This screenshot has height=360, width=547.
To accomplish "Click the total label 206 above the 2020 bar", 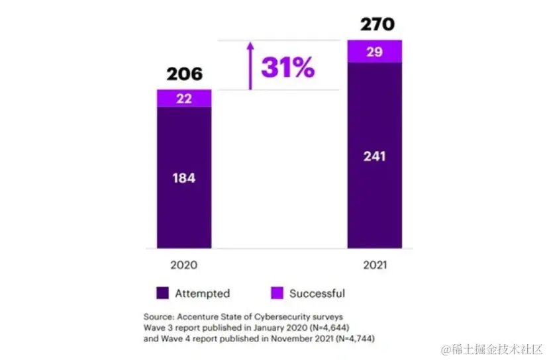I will point(184,73).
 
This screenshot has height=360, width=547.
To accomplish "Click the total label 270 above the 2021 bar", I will point(377,25).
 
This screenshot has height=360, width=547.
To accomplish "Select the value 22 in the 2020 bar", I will point(184,98).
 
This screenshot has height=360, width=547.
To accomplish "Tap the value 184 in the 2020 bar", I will point(184,177).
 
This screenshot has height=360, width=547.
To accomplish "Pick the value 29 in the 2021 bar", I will point(374,52).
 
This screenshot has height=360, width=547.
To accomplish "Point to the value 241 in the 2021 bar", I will point(374,157).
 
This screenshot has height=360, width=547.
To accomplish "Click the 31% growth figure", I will point(287,67).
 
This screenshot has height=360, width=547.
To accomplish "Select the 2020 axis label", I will point(183,265).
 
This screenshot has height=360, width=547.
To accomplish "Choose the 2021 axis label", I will point(375,265).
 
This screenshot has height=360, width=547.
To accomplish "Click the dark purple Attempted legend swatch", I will point(163,293).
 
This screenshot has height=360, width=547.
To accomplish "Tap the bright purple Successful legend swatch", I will point(277,293).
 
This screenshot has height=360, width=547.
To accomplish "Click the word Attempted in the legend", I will point(202,293).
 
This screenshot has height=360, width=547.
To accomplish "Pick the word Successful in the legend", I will point(317,293).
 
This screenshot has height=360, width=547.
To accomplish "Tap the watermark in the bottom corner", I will point(491,348).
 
